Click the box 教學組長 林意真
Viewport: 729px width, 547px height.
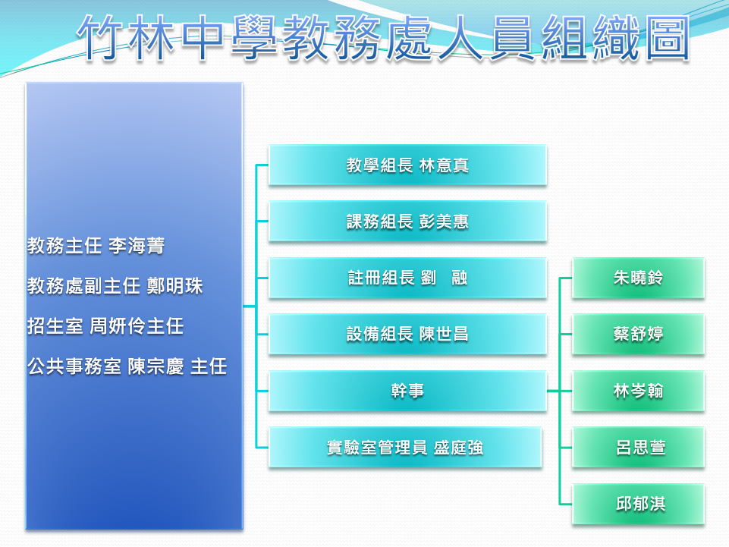click(x=407, y=165)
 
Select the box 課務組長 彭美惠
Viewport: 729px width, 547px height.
click(x=407, y=222)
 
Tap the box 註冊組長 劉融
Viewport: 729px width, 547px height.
click(x=407, y=278)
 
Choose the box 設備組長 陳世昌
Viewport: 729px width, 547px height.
click(x=407, y=335)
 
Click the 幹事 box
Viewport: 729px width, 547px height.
click(x=407, y=391)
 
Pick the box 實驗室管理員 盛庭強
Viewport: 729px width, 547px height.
click(x=405, y=448)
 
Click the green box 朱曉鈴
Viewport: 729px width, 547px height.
click(x=638, y=278)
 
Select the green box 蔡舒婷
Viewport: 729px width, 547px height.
click(x=638, y=335)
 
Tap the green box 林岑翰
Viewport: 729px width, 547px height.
click(x=638, y=391)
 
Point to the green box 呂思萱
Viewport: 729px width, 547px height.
click(x=638, y=448)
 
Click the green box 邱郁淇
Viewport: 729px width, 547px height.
click(x=638, y=505)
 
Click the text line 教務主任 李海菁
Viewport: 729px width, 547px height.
click(x=96, y=246)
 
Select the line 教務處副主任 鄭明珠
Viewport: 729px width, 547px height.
click(x=115, y=285)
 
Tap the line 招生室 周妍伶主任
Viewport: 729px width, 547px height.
click(x=105, y=326)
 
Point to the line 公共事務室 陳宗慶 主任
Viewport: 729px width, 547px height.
click(x=127, y=366)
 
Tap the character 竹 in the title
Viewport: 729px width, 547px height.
click(x=101, y=38)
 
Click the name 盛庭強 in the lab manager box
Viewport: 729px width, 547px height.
click(x=458, y=448)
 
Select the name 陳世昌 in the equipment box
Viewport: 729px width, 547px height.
click(x=444, y=335)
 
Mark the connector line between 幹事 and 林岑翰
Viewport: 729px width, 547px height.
click(x=559, y=391)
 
